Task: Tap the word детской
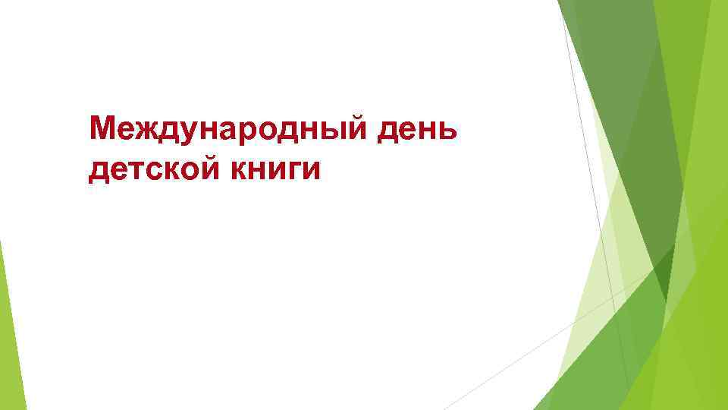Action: pyautogui.click(x=152, y=168)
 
